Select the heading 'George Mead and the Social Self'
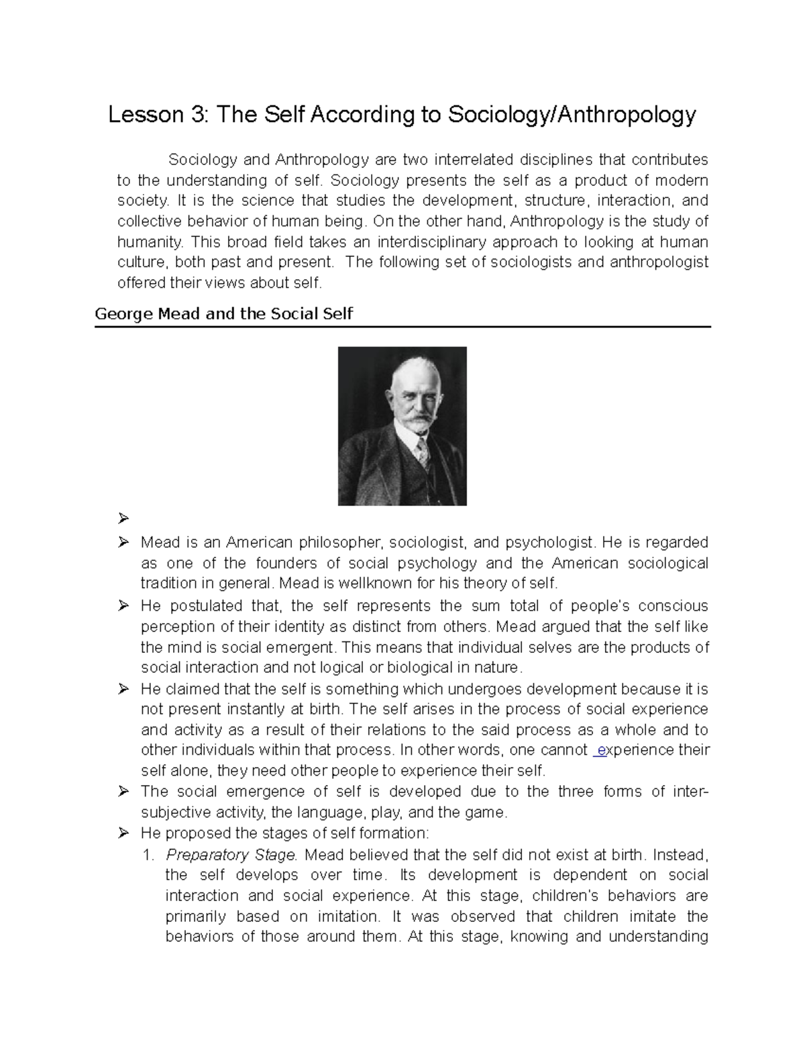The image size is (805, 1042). click(224, 313)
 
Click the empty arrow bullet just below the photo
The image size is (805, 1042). click(122, 519)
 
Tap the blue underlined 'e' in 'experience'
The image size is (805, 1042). click(602, 750)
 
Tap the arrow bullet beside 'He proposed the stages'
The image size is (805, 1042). click(122, 833)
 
